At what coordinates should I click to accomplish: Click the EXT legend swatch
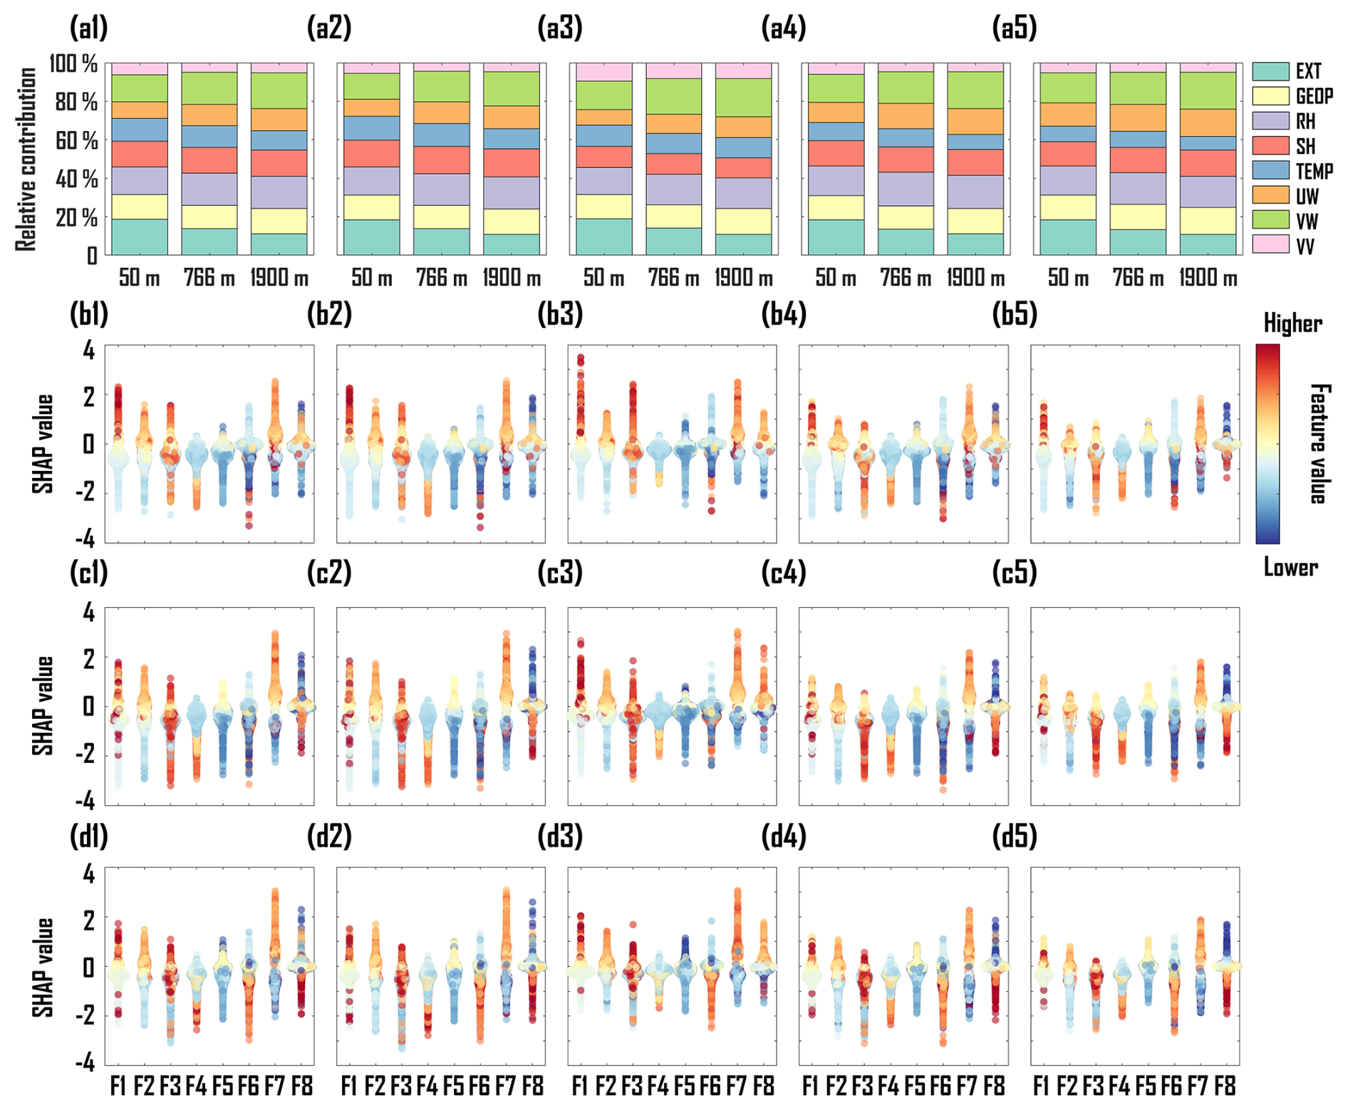point(1270,71)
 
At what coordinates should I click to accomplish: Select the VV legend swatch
point(1270,245)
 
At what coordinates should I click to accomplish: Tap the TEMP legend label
point(1314,172)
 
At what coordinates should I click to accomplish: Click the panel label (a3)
point(560,28)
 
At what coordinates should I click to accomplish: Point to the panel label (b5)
point(1015,314)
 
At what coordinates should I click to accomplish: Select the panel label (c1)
point(89,573)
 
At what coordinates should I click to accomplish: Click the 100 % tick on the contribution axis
point(73,64)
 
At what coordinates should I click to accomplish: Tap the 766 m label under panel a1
point(209,278)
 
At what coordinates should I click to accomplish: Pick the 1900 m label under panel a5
point(1208,278)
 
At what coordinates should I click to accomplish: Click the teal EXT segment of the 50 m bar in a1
point(140,237)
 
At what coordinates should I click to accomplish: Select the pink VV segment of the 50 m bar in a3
point(603,72)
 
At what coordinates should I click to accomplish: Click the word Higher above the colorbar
point(1292,324)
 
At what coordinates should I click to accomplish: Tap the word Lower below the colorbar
point(1290,568)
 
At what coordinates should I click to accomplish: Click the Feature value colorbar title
point(1319,443)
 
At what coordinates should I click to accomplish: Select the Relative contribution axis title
point(26,159)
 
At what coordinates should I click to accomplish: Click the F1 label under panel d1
point(118,1086)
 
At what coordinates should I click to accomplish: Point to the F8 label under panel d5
point(1225,1086)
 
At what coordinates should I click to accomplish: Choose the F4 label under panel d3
point(658,1086)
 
